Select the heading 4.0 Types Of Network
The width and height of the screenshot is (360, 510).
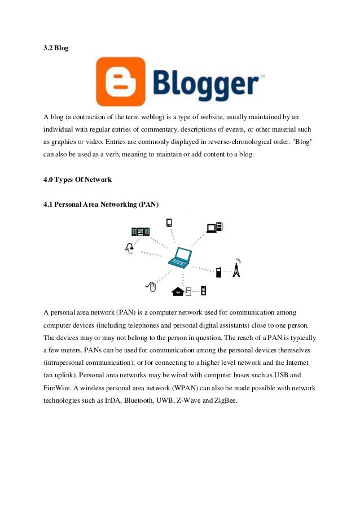coord(77,180)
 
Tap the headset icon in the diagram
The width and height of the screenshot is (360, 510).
coord(130,248)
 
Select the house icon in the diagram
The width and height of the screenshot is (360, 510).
coord(178,291)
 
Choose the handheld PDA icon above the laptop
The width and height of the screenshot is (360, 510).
coord(168,222)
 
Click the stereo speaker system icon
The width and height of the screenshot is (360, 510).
coord(141,232)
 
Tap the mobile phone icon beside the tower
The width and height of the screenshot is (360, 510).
coord(219,272)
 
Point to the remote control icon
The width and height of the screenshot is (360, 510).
coord(203,291)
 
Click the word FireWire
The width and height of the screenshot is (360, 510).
coord(59,389)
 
